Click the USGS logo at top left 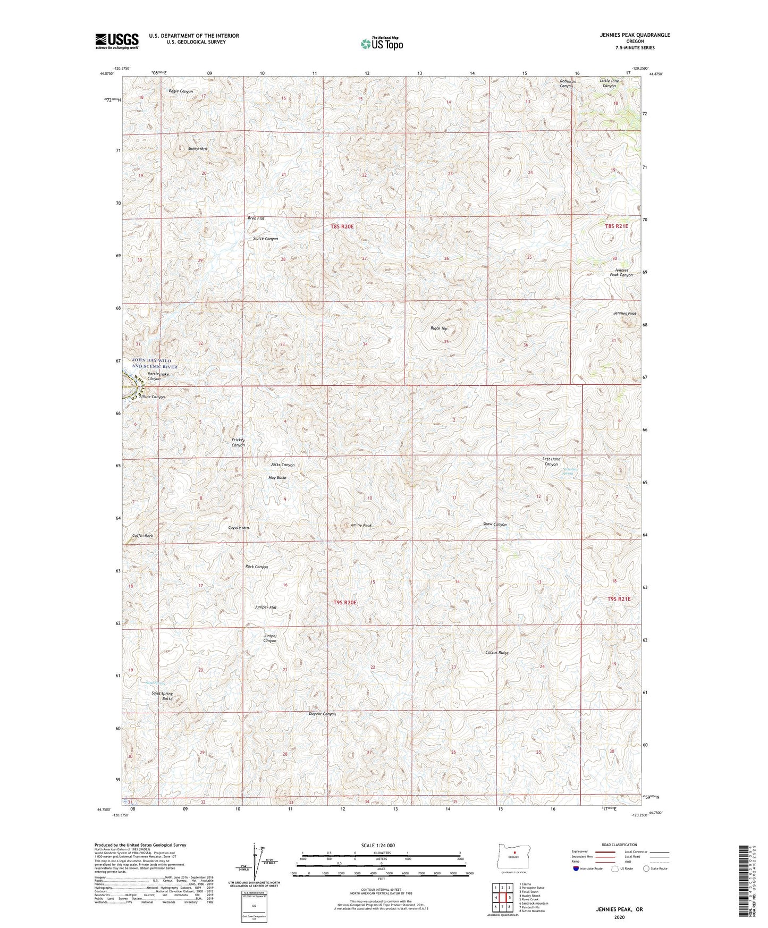[x=116, y=41]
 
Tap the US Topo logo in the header [x=382, y=44]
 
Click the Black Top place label [x=438, y=328]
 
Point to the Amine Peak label [x=361, y=525]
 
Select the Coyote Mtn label [x=238, y=528]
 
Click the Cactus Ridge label [x=497, y=653]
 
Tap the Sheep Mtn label [x=197, y=149]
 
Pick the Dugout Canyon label [x=322, y=714]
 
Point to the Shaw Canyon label [x=494, y=524]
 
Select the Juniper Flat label [x=266, y=607]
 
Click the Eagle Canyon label [x=181, y=91]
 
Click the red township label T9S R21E [x=618, y=598]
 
